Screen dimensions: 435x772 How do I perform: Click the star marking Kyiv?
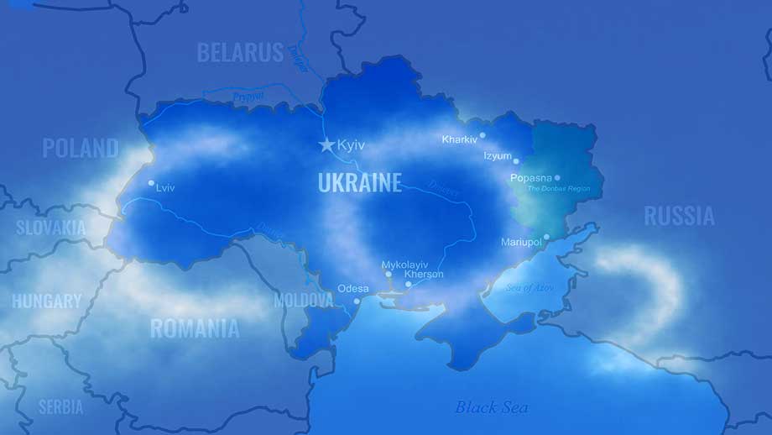[x=326, y=144]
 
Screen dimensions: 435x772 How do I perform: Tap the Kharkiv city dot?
[x=482, y=135]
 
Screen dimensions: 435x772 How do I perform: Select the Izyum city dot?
[x=516, y=160]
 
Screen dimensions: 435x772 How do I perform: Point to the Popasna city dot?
[x=557, y=178]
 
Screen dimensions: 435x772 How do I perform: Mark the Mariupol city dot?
[x=546, y=238]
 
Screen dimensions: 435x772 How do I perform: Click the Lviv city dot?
[x=151, y=183]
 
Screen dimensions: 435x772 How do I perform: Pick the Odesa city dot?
[x=357, y=301]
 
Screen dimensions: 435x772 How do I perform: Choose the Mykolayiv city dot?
[x=388, y=275]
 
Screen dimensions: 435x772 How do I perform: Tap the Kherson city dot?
[x=409, y=284]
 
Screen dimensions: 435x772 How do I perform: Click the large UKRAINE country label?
[x=360, y=182]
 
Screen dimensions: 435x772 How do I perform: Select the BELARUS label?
[x=240, y=53]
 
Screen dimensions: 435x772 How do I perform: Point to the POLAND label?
[x=81, y=149]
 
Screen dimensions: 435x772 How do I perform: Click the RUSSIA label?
[x=679, y=216]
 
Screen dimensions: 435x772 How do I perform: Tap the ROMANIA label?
[x=195, y=328]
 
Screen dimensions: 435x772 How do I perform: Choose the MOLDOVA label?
[x=304, y=300]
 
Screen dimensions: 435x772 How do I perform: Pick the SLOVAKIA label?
[x=51, y=227]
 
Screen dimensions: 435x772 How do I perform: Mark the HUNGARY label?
[x=47, y=301]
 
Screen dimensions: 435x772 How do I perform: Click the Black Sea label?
[x=492, y=407]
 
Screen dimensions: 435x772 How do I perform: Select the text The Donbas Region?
[x=558, y=189]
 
